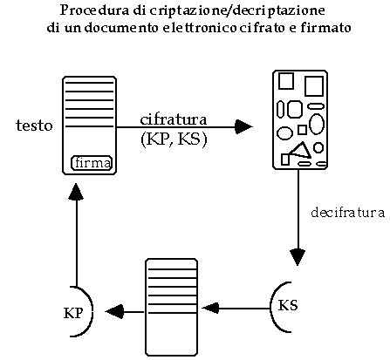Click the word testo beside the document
[34, 126]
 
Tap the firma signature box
[92, 163]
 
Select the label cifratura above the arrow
[174, 119]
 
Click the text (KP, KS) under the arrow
[174, 139]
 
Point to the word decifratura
[348, 213]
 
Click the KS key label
[288, 305]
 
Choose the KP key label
[73, 313]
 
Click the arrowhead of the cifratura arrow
[243, 126]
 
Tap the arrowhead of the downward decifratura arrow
[298, 257]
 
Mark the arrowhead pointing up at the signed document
[76, 192]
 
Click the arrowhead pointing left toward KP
[114, 312]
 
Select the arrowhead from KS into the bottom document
[210, 308]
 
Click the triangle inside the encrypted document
[300, 151]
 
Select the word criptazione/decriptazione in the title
[237, 10]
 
